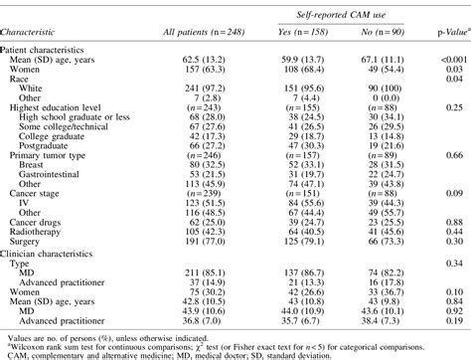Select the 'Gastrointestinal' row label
tap(62, 170)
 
